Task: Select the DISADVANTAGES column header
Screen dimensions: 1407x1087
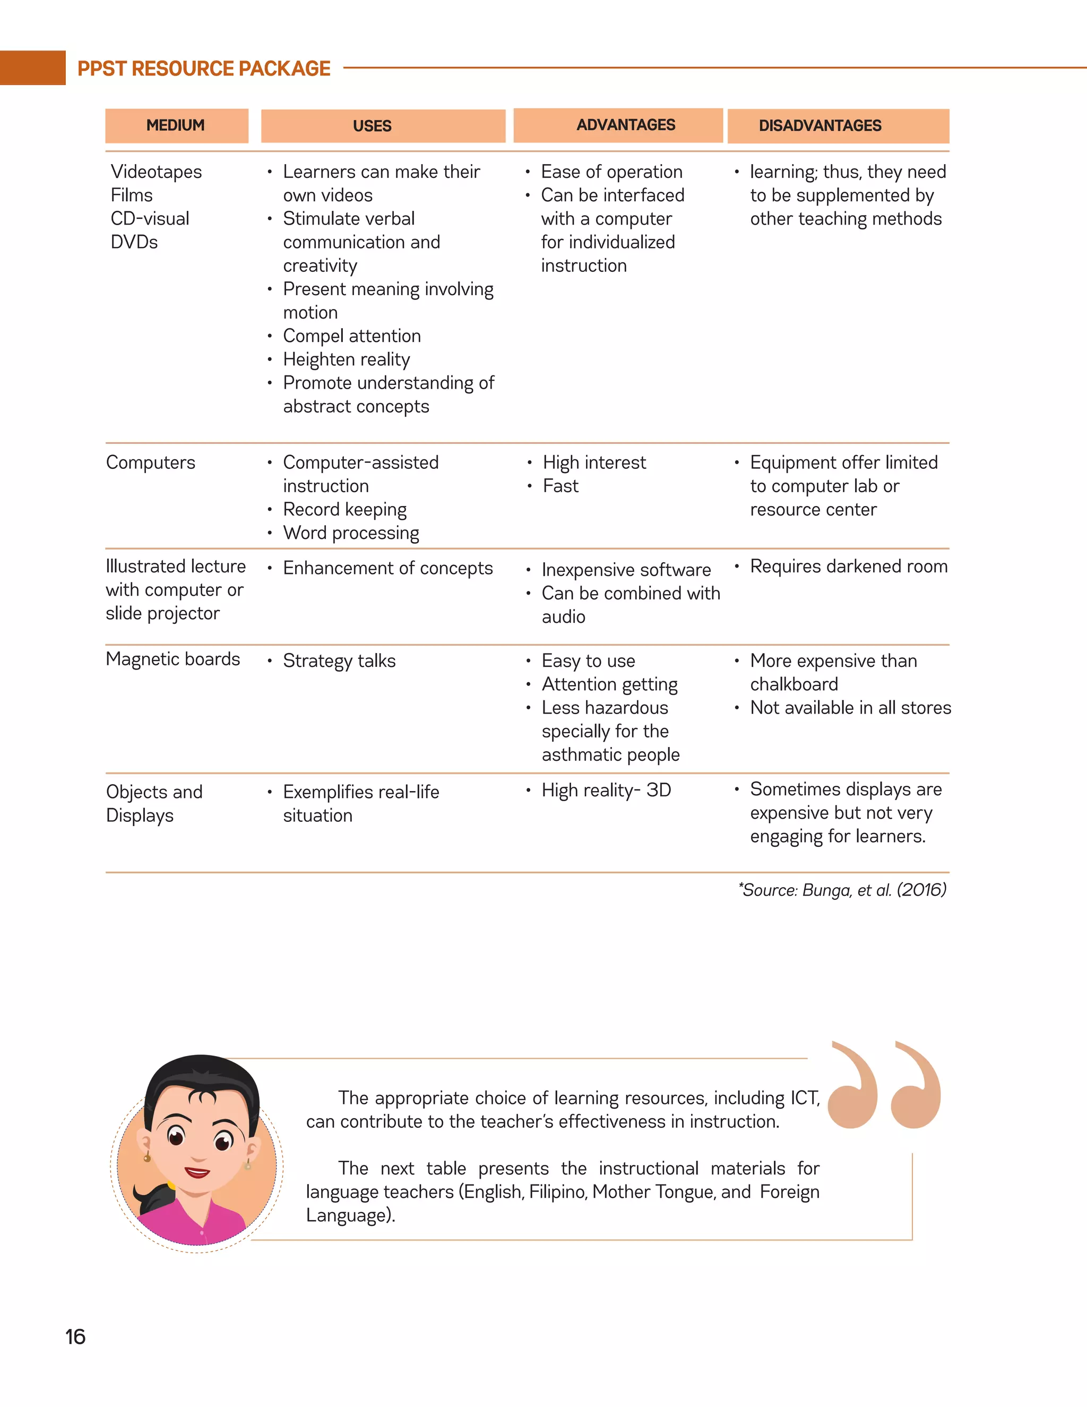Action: (x=819, y=126)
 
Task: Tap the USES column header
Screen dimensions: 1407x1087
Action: (x=372, y=126)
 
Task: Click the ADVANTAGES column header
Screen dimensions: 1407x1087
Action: (x=625, y=125)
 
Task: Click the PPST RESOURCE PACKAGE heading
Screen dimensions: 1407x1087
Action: (x=203, y=68)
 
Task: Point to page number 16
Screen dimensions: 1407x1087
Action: (x=75, y=1337)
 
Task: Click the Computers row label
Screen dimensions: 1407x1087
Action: (x=151, y=462)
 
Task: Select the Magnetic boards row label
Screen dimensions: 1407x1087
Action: (x=172, y=659)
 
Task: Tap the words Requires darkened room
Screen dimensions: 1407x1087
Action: (x=848, y=567)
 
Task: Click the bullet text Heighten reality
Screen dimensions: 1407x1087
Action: (x=347, y=359)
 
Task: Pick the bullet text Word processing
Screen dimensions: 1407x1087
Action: (x=351, y=533)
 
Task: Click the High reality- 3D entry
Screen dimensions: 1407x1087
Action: (x=606, y=790)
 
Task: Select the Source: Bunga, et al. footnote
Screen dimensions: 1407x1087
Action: (x=842, y=890)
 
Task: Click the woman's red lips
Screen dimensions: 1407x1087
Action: (x=197, y=1172)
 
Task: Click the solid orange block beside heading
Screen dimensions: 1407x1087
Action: (x=32, y=67)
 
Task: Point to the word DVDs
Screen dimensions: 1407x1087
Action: (x=134, y=242)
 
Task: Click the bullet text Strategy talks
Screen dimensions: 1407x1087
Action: (x=339, y=661)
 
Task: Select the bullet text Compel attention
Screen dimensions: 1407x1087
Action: (x=351, y=336)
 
